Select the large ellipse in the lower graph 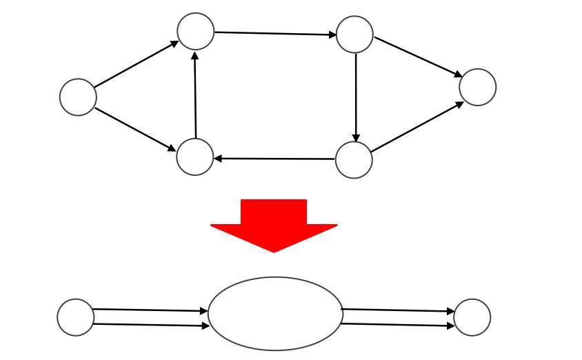pyautogui.click(x=276, y=314)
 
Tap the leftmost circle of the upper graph pyautogui.click(x=78, y=97)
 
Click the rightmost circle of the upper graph pyautogui.click(x=477, y=88)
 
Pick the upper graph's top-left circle pyautogui.click(x=195, y=31)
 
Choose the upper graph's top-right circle pyautogui.click(x=354, y=34)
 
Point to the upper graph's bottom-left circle pyautogui.click(x=195, y=157)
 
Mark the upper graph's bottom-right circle pyautogui.click(x=354, y=160)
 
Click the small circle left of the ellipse pyautogui.click(x=76, y=317)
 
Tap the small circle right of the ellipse pyautogui.click(x=472, y=317)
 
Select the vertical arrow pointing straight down pyautogui.click(x=356, y=97)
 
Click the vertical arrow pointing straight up pyautogui.click(x=195, y=95)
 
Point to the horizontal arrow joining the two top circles pyautogui.click(x=275, y=33)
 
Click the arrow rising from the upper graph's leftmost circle pyautogui.click(x=137, y=65)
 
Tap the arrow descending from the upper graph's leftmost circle pyautogui.click(x=135, y=129)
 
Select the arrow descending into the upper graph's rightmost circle pyautogui.click(x=418, y=57)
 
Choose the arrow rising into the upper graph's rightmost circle pyautogui.click(x=417, y=127)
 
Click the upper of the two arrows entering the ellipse pyautogui.click(x=150, y=310)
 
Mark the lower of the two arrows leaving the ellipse pyautogui.click(x=398, y=325)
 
